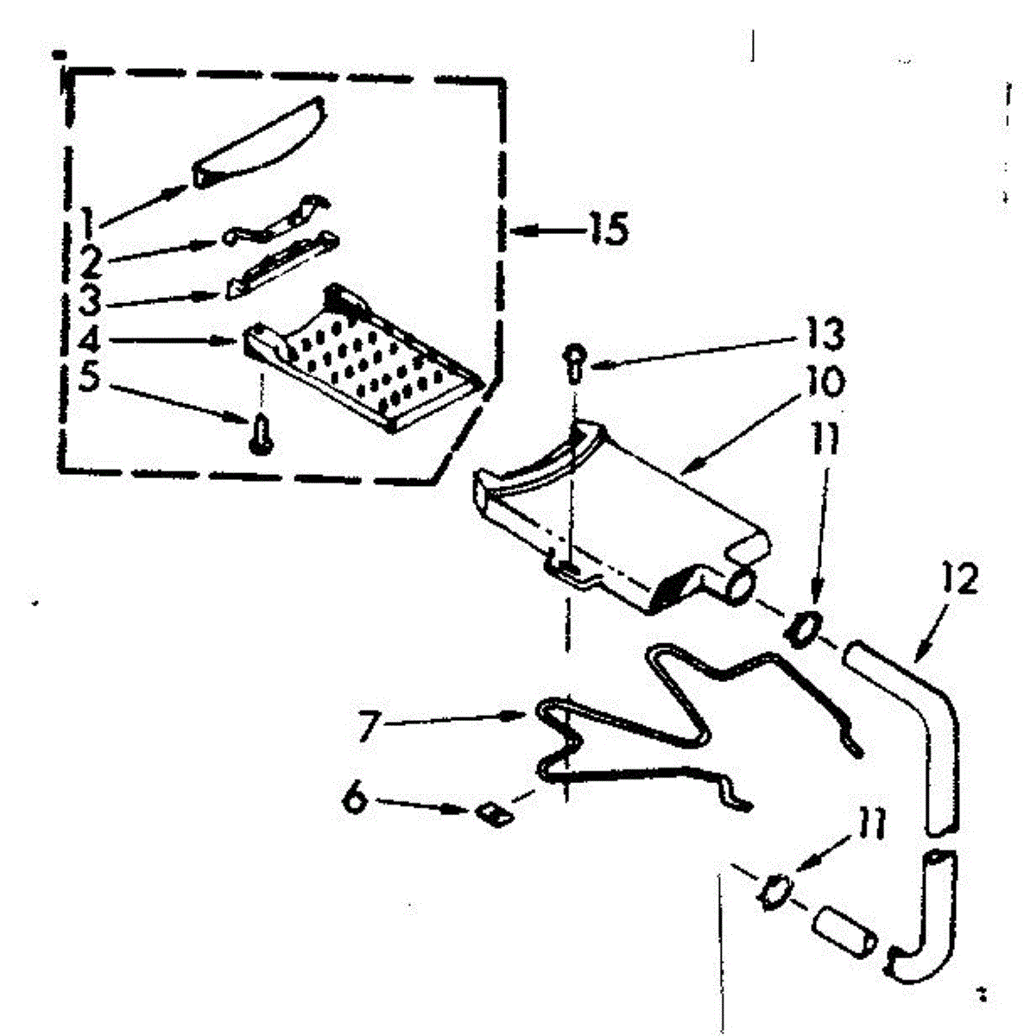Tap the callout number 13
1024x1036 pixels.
[825, 334]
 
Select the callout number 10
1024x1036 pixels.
[825, 382]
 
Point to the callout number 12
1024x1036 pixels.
[960, 580]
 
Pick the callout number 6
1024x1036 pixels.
[355, 799]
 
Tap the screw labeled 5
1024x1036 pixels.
[260, 432]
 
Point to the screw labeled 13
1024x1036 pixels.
[573, 361]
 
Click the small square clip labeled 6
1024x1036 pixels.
[492, 812]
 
